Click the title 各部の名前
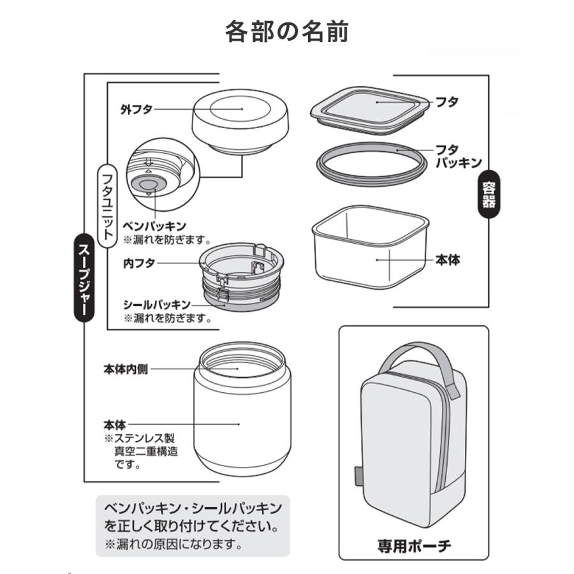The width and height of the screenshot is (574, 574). (x=286, y=31)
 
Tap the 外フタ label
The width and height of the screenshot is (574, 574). (x=136, y=109)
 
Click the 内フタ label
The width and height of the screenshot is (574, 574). (x=138, y=263)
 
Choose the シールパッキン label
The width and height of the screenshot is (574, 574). (x=156, y=304)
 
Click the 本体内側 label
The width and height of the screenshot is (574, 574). (x=126, y=369)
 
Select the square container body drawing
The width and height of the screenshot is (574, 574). (x=370, y=249)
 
